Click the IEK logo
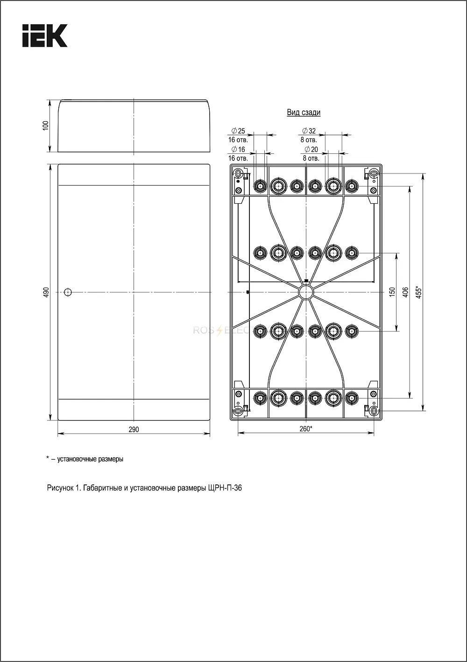(x=45, y=36)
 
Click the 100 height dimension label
(x=46, y=125)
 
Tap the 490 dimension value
(x=46, y=292)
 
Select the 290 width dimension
(x=134, y=429)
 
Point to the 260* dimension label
(x=305, y=429)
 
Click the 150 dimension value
(x=392, y=292)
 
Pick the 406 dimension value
(x=405, y=292)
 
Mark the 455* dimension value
(x=419, y=292)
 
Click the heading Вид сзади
(x=304, y=112)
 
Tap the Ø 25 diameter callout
(x=238, y=131)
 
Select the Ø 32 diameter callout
(x=309, y=131)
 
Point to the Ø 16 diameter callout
(x=238, y=149)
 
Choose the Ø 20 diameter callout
(x=311, y=149)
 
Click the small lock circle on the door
(x=68, y=292)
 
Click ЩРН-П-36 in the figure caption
(x=223, y=488)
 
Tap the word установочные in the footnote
(x=73, y=459)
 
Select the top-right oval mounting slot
(x=374, y=172)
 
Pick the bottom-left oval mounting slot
(x=238, y=411)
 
